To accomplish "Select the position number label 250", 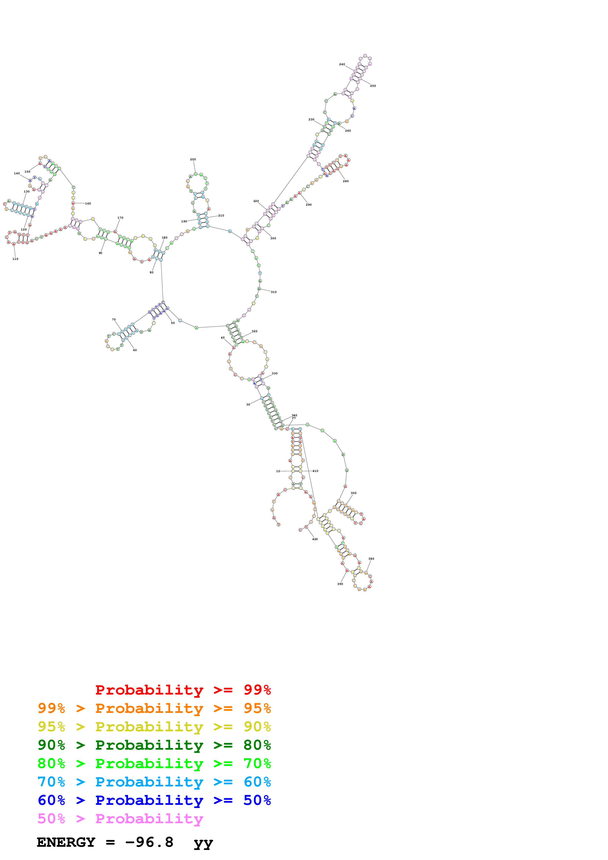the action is [373, 86].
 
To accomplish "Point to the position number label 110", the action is [15, 259].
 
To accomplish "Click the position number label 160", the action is [88, 204].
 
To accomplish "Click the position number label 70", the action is [114, 319].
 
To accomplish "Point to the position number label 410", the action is [315, 471].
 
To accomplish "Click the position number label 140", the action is [17, 173].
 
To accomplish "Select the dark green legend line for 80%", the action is [154, 745].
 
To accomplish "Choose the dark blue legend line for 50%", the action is [154, 800].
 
